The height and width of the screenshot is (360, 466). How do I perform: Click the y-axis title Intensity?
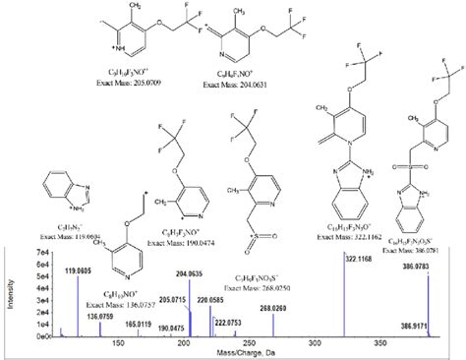12,293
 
